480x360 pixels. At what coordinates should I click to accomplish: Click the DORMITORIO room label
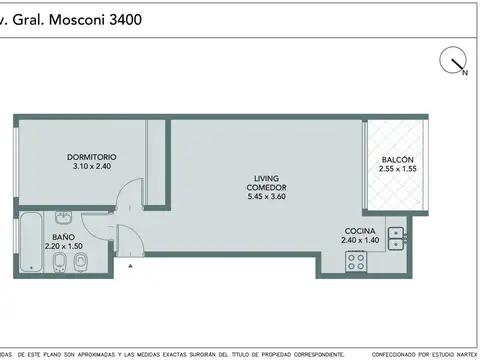click(93, 157)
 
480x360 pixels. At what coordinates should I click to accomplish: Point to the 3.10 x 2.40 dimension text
click(93, 167)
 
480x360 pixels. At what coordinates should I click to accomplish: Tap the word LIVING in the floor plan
click(267, 179)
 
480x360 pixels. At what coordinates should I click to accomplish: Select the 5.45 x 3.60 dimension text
click(267, 197)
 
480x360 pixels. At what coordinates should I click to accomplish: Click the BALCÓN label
click(397, 160)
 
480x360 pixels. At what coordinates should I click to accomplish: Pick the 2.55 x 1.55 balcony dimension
click(397, 170)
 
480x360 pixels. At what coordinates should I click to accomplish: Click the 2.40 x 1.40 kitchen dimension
click(360, 240)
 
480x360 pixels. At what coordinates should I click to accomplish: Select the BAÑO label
click(63, 236)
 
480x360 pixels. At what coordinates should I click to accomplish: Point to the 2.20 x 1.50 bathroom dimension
click(63, 246)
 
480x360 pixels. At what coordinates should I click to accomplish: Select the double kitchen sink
click(396, 238)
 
